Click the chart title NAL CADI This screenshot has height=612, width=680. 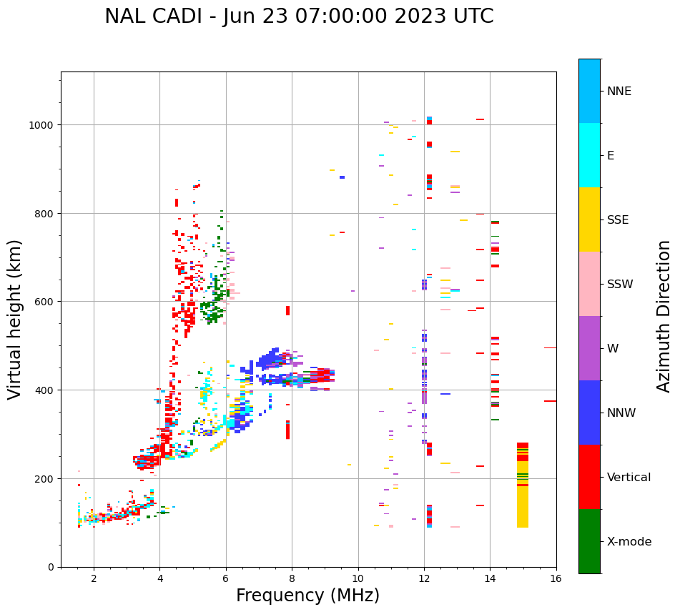299,16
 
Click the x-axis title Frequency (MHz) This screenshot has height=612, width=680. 307,596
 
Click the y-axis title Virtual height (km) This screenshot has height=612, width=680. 15,319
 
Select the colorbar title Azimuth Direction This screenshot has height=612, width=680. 664,316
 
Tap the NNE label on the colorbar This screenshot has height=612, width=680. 619,91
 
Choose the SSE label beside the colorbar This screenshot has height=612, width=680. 618,219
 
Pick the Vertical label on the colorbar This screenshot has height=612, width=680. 629,477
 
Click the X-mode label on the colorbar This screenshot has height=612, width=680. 629,541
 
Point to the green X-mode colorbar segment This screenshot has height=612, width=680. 589,541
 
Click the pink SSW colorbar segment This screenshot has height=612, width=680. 589,284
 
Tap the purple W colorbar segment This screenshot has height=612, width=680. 589,348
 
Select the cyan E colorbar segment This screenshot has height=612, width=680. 589,155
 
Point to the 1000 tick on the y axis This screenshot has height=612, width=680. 46,124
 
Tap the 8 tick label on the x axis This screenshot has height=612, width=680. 292,579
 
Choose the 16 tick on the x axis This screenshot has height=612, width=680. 556,579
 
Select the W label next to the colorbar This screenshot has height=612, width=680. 613,348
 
